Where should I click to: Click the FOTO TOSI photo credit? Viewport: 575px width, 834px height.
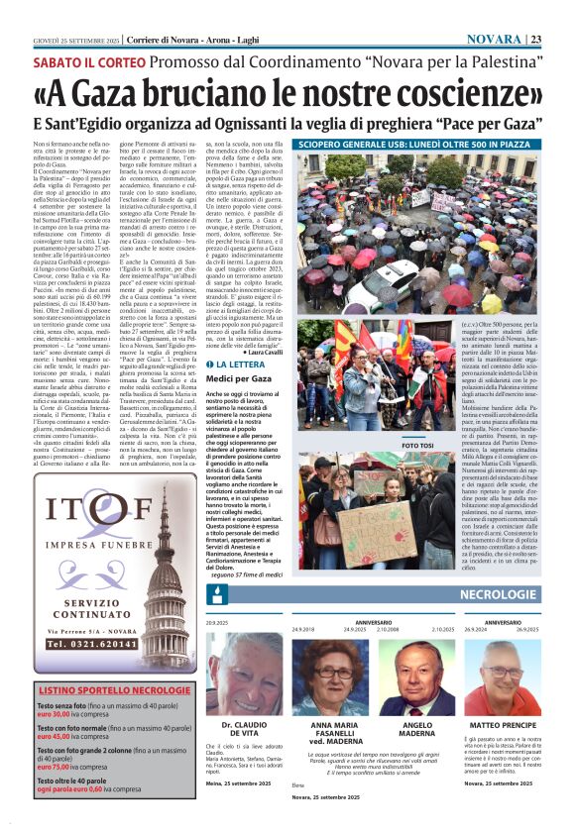click(x=417, y=445)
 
